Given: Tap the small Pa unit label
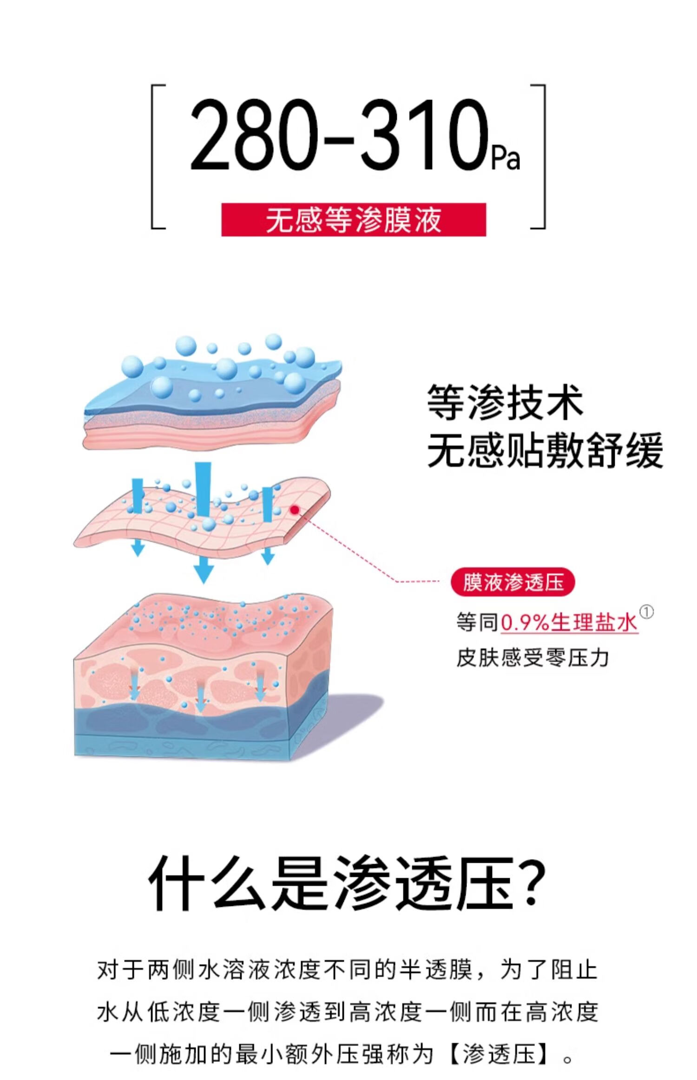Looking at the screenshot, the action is coord(506,158).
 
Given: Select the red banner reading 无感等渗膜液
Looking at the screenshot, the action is coord(353,220).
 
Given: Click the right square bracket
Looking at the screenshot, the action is coord(541,157).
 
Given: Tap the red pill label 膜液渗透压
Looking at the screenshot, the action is coord(513,582).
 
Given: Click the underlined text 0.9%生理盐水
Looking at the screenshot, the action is coord(569,622).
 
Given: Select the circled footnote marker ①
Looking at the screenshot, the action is coord(646,612).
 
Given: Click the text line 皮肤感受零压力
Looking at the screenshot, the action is coord(533,658).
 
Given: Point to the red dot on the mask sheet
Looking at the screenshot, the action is coord(294,510).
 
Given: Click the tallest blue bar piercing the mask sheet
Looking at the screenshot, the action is coord(203,488).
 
